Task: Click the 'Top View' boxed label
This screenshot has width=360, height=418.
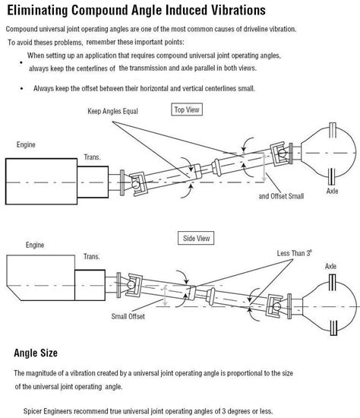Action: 187,109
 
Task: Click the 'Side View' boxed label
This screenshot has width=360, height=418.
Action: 196,238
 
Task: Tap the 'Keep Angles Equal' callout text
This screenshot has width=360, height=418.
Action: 112,111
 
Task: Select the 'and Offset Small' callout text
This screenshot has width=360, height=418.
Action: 281,196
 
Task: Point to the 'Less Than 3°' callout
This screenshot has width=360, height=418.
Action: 294,253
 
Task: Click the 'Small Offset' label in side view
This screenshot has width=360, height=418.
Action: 128,316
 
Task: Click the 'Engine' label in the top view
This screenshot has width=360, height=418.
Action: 26,144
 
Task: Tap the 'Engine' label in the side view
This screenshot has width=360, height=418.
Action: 35,245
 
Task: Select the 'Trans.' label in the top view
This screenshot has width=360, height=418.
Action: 92,157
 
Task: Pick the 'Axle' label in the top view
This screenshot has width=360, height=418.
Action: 332,191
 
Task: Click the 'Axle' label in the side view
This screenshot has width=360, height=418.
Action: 330,266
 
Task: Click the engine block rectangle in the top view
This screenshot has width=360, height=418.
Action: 41,182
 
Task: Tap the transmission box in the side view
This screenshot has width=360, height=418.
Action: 90,285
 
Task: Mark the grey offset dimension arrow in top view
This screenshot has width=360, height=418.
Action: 264,168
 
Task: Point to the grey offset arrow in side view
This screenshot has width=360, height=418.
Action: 166,296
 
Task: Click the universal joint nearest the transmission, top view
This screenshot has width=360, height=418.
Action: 137,184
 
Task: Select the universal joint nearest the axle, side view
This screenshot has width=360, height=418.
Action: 275,306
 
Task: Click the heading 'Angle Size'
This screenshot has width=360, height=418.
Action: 36,353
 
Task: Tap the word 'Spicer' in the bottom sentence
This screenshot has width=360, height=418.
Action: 32,411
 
